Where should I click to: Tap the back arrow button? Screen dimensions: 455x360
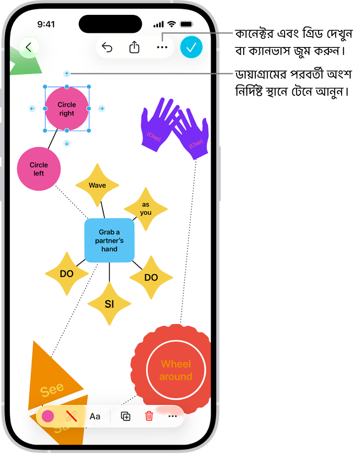29,47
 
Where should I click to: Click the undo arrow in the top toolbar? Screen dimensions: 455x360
107,47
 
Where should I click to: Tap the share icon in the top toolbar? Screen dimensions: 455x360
134,47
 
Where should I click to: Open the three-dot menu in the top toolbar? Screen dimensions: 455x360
162,47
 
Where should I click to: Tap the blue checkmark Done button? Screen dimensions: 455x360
191,47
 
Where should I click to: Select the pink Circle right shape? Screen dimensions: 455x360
67,109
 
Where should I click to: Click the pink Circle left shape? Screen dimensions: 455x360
39,169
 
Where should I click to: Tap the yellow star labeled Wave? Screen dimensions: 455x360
97,185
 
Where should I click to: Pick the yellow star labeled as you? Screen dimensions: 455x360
146,209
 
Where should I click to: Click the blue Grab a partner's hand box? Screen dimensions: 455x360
109,241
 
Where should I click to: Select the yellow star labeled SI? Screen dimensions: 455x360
109,304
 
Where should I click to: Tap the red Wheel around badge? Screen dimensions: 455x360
175,370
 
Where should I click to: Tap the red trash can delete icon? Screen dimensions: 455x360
149,416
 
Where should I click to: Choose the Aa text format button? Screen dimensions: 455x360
95,416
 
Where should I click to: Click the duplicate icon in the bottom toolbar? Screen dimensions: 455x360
126,416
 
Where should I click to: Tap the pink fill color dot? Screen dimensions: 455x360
48,416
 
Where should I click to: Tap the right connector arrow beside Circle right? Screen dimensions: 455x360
102,108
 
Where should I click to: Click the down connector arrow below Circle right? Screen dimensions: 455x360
67,144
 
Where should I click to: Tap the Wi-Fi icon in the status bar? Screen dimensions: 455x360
171,24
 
